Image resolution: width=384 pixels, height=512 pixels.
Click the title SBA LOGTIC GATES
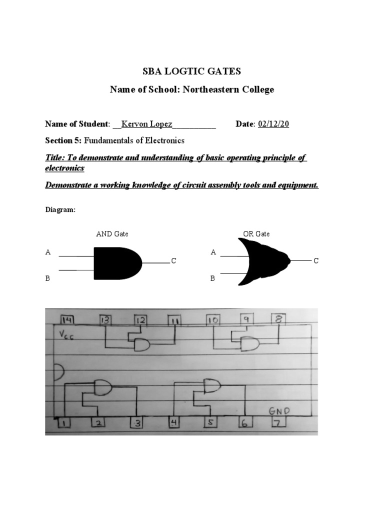click(191, 71)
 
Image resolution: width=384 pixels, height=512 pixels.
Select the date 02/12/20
click(273, 124)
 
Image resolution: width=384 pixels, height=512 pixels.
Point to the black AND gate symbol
click(116, 262)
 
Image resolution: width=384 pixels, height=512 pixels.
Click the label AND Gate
click(115, 233)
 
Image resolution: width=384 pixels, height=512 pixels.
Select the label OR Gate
click(256, 233)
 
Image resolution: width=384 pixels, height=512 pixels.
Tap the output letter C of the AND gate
click(173, 261)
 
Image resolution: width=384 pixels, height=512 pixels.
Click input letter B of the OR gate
click(212, 278)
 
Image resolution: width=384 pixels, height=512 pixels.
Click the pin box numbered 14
click(67, 320)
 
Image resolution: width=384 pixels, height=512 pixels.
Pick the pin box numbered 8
click(278, 318)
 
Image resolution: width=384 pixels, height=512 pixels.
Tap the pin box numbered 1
click(64, 423)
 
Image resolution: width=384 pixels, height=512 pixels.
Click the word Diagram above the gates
click(60, 210)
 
